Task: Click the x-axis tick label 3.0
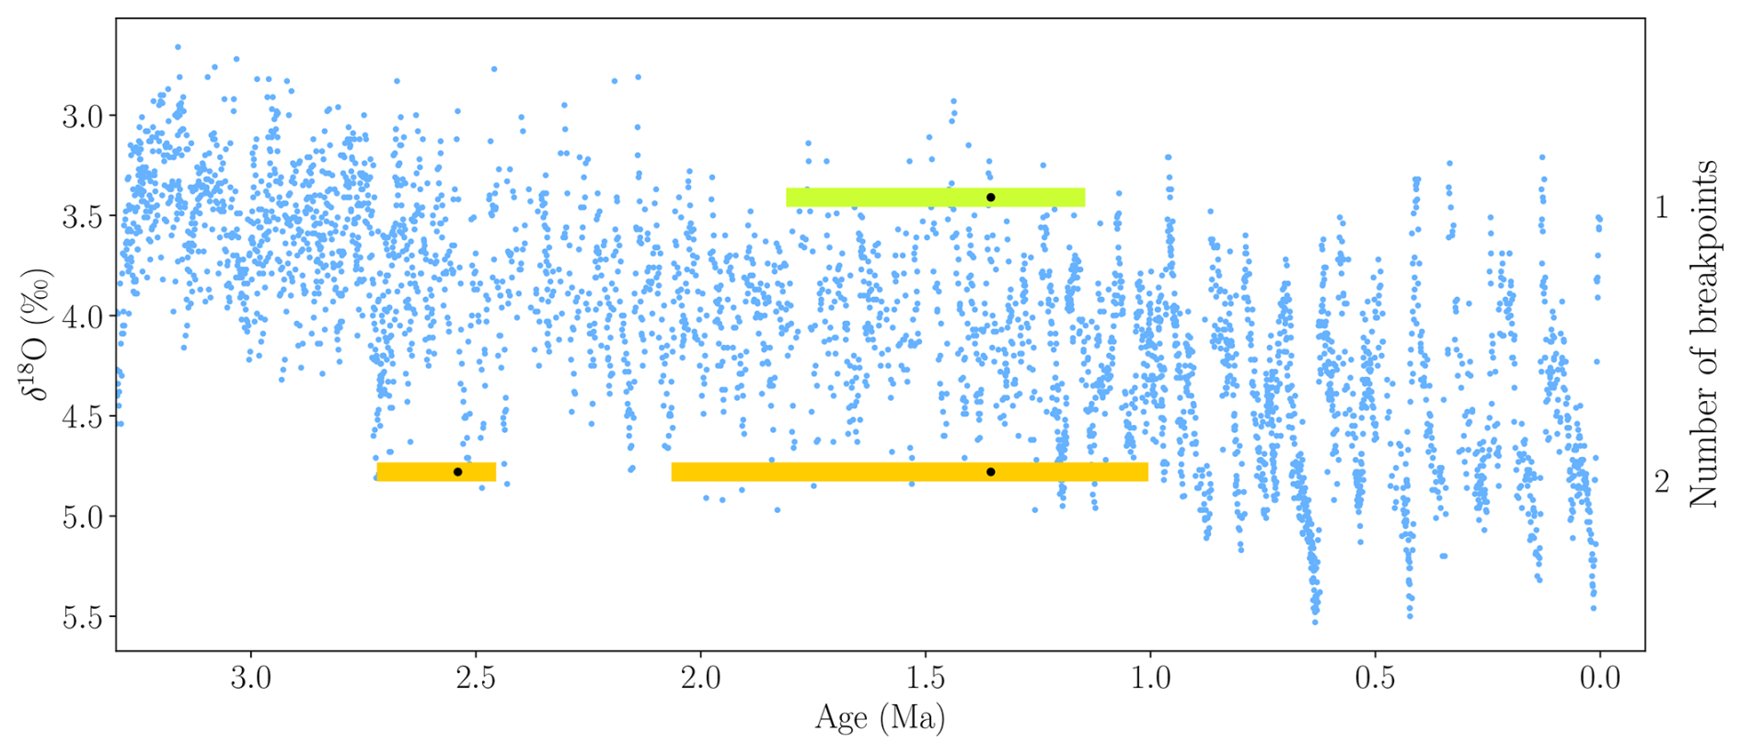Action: coord(250,679)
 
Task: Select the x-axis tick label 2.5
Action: coord(476,679)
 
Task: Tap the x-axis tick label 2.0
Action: coord(700,679)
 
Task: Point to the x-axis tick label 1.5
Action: coord(926,679)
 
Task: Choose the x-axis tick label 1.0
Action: coord(1150,679)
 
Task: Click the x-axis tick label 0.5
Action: coord(1375,679)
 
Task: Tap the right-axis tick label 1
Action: coord(1661,207)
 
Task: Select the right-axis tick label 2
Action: coord(1661,482)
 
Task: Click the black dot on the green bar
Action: coord(991,198)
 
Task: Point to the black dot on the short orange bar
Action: coord(457,472)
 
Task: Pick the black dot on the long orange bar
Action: coord(991,472)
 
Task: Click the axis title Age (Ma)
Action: coord(880,718)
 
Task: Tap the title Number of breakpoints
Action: coord(1703,334)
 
